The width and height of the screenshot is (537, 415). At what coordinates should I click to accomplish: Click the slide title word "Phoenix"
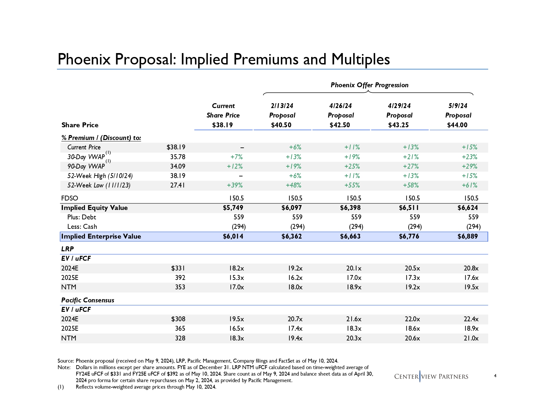(84, 60)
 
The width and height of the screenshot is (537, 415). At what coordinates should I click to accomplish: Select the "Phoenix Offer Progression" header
(369, 85)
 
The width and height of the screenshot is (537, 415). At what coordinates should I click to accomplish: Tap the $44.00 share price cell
(457, 125)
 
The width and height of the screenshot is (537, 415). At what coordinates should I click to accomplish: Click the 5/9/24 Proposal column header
(458, 110)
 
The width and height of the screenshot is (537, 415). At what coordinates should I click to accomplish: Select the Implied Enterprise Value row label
(101, 236)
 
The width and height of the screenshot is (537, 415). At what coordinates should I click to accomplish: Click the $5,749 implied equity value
(233, 208)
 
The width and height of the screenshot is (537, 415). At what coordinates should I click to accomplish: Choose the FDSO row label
(70, 198)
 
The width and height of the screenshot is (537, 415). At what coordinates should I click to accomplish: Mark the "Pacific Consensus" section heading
(88, 300)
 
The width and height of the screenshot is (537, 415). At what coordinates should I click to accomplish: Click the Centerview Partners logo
(431, 377)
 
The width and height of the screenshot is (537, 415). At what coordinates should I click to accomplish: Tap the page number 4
(495, 376)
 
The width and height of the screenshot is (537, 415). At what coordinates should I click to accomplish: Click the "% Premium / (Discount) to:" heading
(101, 138)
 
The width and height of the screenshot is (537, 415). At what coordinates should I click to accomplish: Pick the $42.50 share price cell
(339, 125)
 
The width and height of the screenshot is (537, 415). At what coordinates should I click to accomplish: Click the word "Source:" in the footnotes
(66, 361)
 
